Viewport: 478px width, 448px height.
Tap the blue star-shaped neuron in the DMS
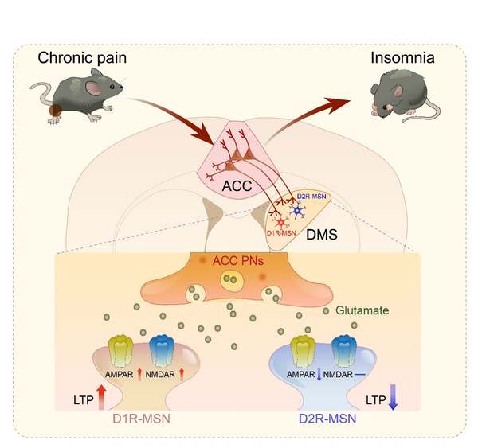pos(299,211)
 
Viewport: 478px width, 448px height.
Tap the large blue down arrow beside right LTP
pos(394,395)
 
